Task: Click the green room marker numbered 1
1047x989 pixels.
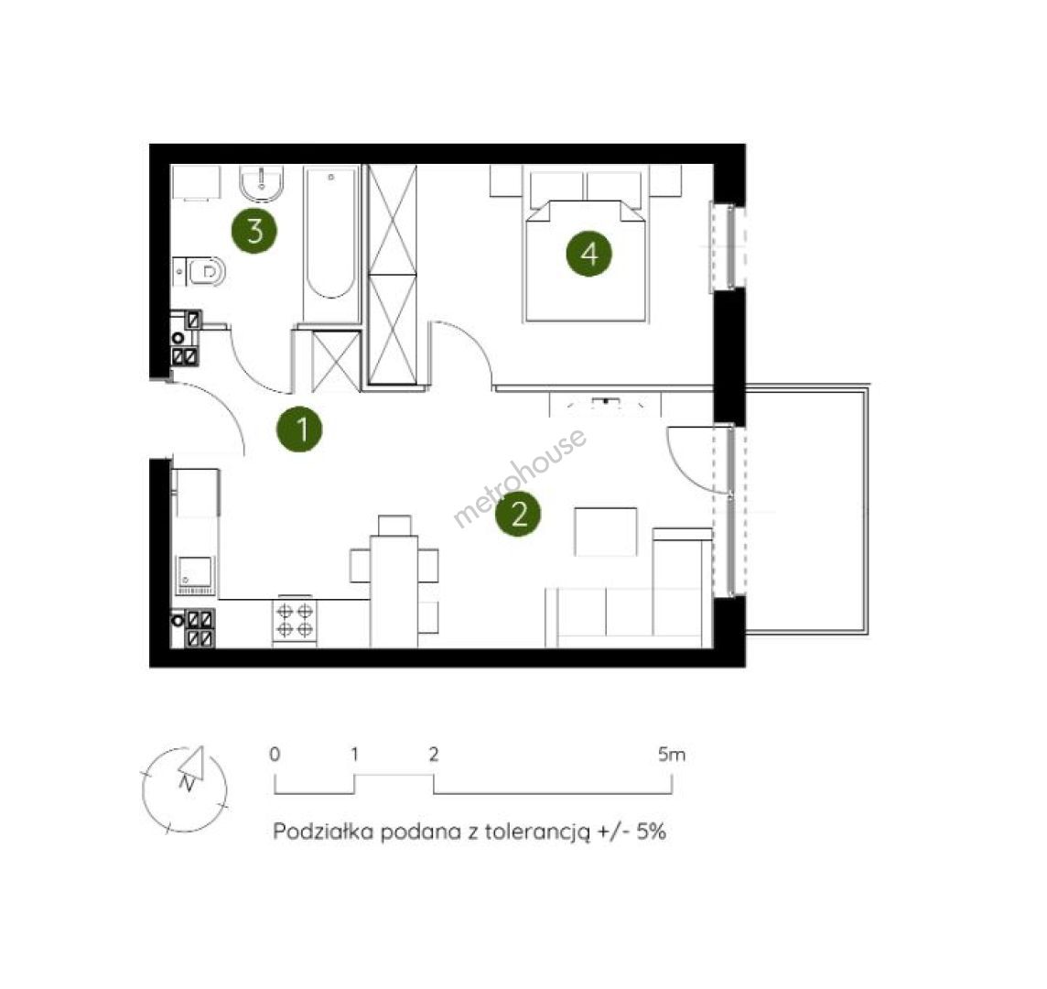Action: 300,429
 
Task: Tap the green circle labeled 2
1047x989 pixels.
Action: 518,514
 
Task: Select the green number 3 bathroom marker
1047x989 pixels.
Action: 254,231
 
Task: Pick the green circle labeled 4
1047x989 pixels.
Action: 589,254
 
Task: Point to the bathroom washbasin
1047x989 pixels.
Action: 262,184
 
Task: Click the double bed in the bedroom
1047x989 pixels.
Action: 586,247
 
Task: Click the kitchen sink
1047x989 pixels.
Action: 195,575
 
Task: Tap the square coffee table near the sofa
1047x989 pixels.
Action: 606,532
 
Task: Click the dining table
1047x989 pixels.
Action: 394,592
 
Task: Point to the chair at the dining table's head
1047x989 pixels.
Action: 394,526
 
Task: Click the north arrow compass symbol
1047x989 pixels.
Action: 186,789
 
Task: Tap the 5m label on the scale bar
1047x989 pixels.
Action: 671,755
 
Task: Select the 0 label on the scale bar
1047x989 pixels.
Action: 275,755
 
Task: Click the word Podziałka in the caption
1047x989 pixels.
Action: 323,831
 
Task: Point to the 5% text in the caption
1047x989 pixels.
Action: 651,831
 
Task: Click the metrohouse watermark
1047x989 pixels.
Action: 520,476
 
